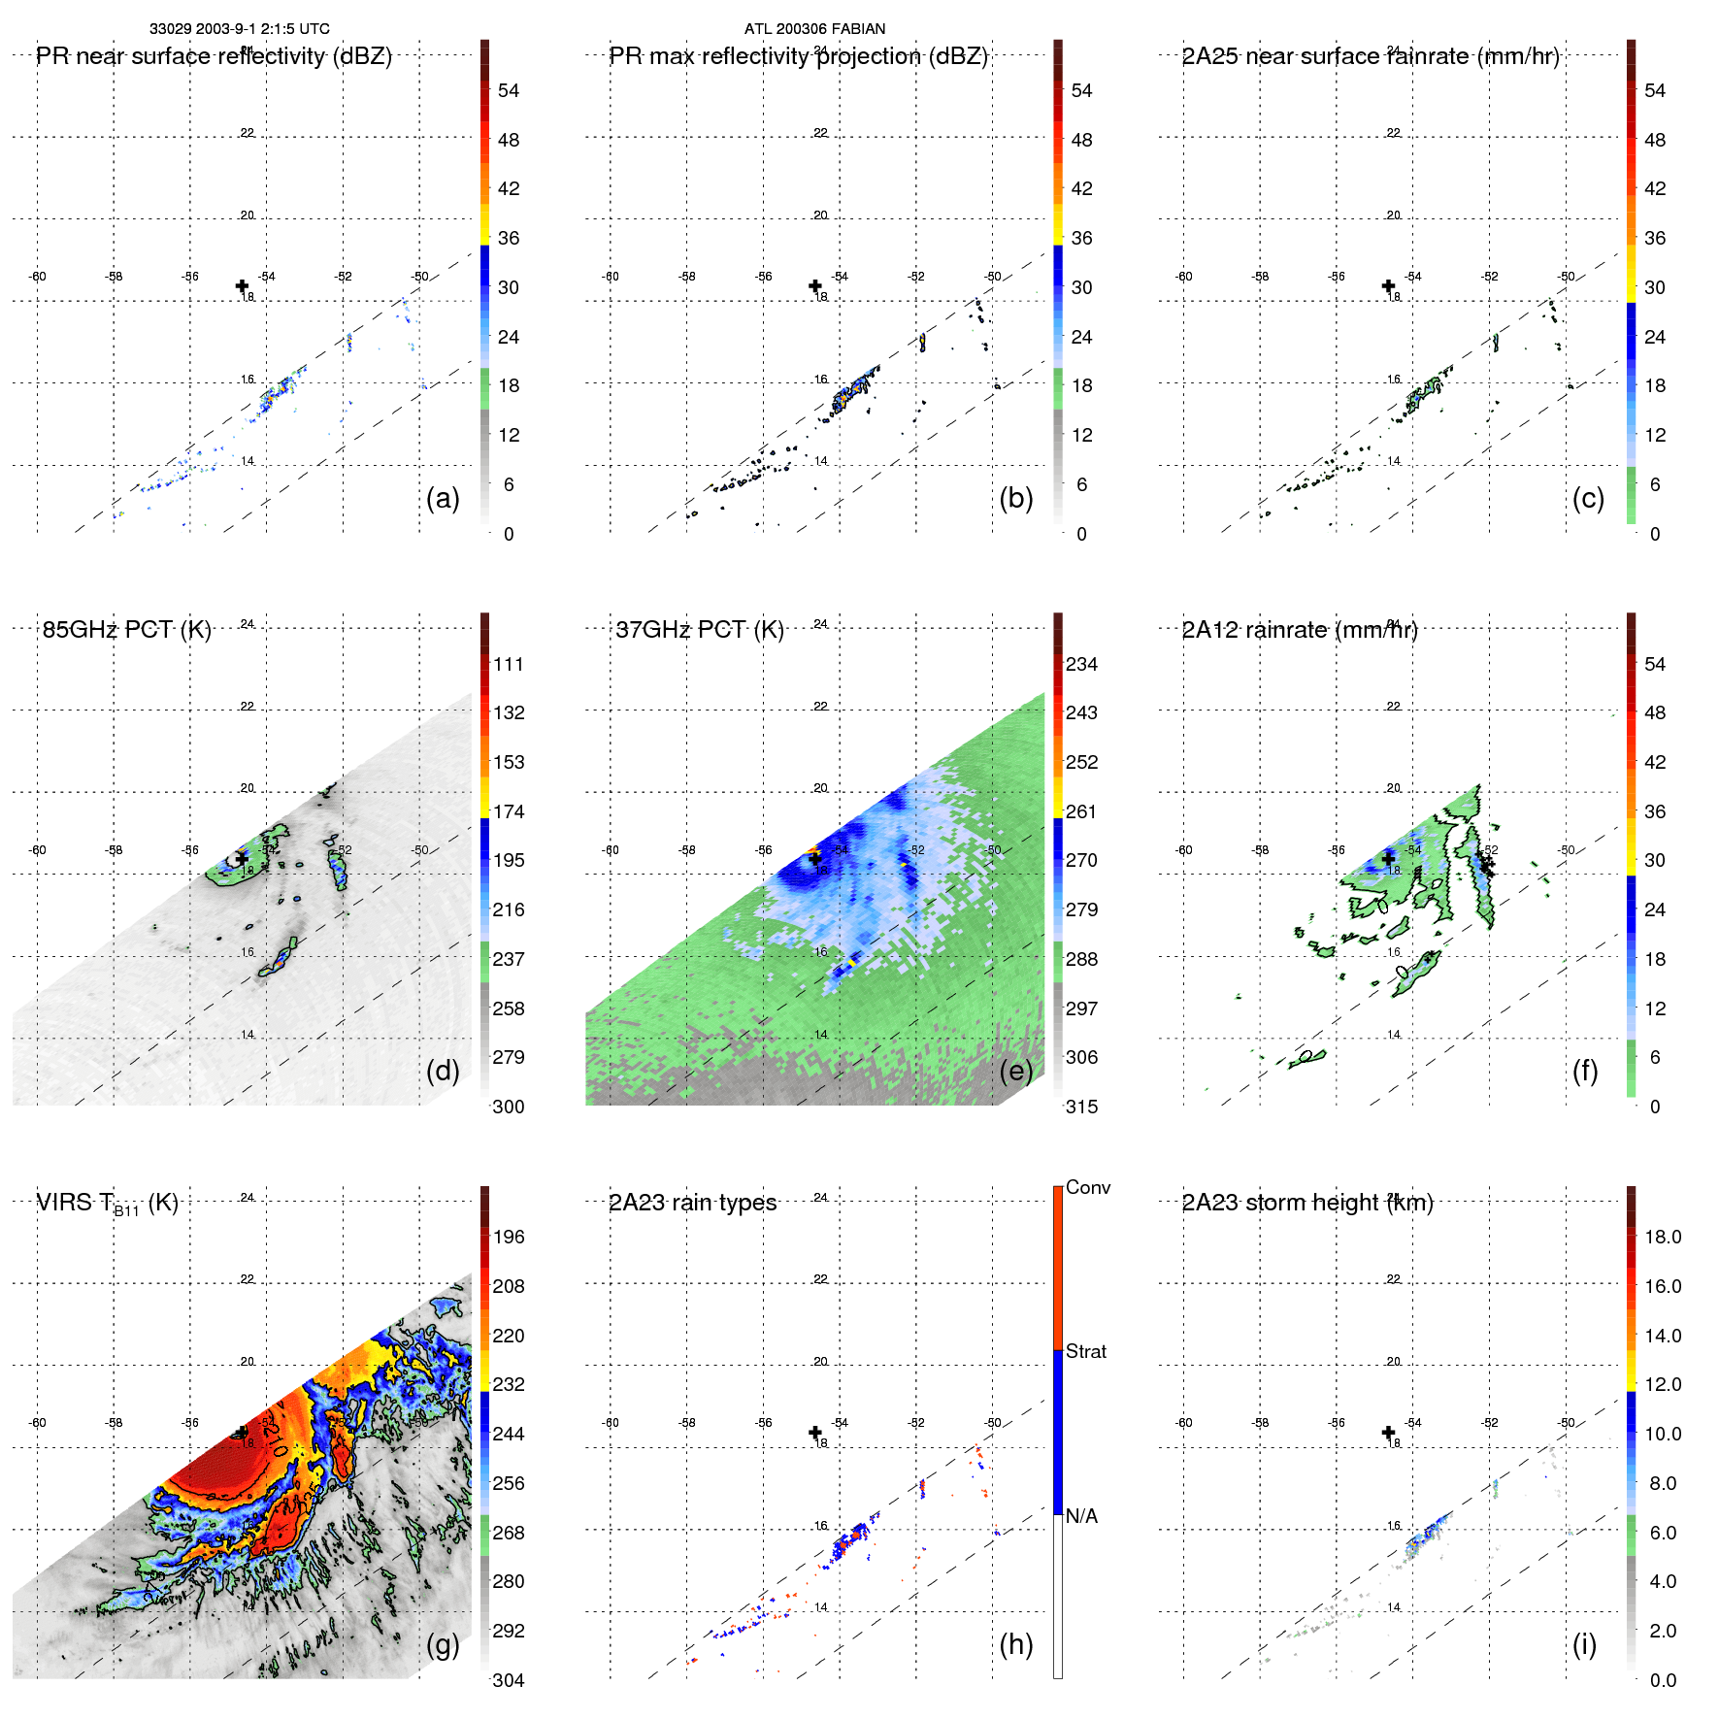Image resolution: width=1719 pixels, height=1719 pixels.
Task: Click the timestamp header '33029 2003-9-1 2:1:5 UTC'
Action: pyautogui.click(x=239, y=29)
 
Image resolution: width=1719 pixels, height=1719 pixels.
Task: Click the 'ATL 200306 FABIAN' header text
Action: pyautogui.click(x=814, y=29)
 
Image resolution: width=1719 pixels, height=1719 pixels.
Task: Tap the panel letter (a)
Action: pyautogui.click(x=443, y=498)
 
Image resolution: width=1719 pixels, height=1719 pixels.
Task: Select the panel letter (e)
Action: pyautogui.click(x=1016, y=1071)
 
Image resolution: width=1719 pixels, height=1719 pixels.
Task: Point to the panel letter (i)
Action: pyautogui.click(x=1584, y=1644)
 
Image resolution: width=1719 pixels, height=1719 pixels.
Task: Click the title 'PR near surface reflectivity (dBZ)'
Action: pyautogui.click(x=214, y=56)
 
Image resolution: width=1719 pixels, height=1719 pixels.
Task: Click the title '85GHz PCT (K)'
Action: pyautogui.click(x=126, y=630)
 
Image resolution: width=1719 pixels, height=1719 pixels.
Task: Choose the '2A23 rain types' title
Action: pyautogui.click(x=692, y=1203)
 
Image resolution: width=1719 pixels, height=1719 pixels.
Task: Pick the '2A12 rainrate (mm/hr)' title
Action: pyautogui.click(x=1299, y=630)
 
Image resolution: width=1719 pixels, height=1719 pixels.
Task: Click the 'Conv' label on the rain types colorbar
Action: pyautogui.click(x=1087, y=1187)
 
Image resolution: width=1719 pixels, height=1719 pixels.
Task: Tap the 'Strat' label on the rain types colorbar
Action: pyautogui.click(x=1085, y=1351)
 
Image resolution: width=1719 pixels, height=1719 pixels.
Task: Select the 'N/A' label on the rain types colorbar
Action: pyautogui.click(x=1081, y=1516)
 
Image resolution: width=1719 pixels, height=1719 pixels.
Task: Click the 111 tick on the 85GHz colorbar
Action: pyautogui.click(x=509, y=664)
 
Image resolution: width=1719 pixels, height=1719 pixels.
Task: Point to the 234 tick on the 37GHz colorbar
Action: pyautogui.click(x=1081, y=664)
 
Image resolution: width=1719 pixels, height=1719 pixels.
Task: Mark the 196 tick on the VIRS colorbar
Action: pyautogui.click(x=509, y=1237)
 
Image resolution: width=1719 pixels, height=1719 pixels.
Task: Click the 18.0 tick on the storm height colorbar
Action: pyautogui.click(x=1662, y=1237)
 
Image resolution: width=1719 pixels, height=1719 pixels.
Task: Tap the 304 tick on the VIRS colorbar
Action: pyautogui.click(x=509, y=1680)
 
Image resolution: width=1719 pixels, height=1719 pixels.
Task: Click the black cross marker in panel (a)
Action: pyautogui.click(x=242, y=285)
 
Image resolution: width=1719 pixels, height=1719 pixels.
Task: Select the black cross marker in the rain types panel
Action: pyautogui.click(x=815, y=1433)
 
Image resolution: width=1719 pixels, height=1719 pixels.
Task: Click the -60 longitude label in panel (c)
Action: pyautogui.click(x=1183, y=277)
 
